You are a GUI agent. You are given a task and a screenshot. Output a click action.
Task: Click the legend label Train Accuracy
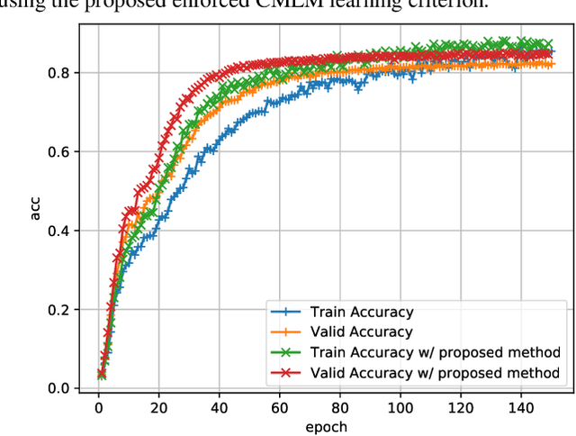(x=361, y=313)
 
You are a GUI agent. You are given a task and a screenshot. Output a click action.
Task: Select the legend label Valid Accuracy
(x=361, y=332)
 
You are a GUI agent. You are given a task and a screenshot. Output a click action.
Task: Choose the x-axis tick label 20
(x=159, y=407)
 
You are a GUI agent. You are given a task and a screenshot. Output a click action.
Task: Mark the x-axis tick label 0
(x=99, y=407)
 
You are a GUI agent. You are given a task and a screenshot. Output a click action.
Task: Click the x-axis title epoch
(x=326, y=426)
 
